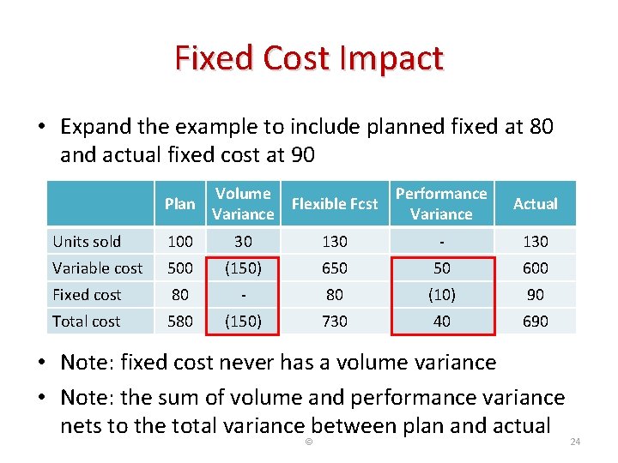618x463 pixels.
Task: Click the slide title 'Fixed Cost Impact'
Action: pyautogui.click(x=309, y=58)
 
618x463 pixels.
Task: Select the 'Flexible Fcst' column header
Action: pyautogui.click(x=335, y=204)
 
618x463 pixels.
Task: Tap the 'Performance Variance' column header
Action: pyautogui.click(x=441, y=204)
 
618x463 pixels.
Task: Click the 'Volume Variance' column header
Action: pyautogui.click(x=243, y=204)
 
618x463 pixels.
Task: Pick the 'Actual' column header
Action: pyautogui.click(x=536, y=204)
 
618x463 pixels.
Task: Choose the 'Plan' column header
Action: pyautogui.click(x=180, y=204)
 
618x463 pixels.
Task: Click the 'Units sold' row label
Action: pyautogui.click(x=87, y=242)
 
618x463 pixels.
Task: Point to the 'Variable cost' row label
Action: pyautogui.click(x=98, y=268)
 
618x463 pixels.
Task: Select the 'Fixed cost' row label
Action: pyautogui.click(x=88, y=295)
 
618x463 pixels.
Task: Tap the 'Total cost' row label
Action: pyautogui.click(x=87, y=322)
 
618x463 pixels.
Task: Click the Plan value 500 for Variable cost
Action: pyautogui.click(x=180, y=268)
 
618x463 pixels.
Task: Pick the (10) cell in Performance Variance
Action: pyautogui.click(x=441, y=295)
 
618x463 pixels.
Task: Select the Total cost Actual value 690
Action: pyautogui.click(x=536, y=322)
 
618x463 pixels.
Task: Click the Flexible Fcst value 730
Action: pyautogui.click(x=335, y=322)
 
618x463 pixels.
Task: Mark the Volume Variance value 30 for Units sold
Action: pyautogui.click(x=243, y=242)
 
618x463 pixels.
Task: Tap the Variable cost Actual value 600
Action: pyautogui.click(x=536, y=268)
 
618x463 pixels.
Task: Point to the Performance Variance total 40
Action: pyautogui.click(x=441, y=322)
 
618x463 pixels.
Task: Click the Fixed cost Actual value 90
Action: pyautogui.click(x=536, y=295)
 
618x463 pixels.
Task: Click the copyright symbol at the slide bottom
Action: pyautogui.click(x=309, y=442)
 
